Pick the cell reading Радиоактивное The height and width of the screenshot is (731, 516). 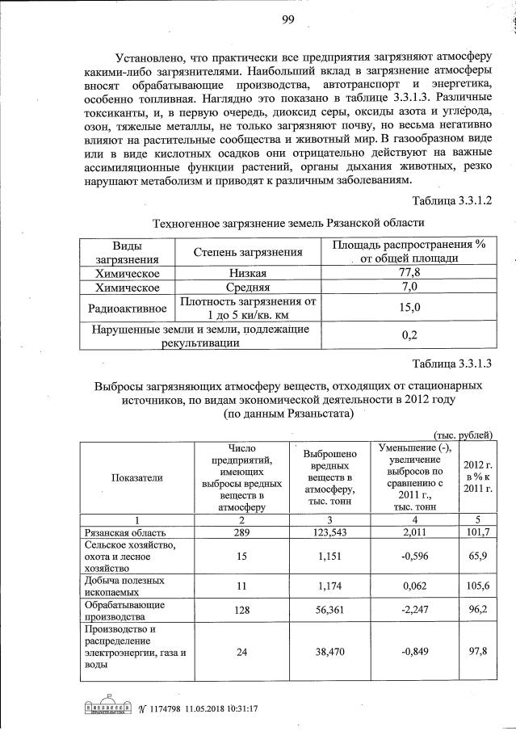127,308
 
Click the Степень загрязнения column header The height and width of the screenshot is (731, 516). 246,252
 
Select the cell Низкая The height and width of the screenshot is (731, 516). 246,274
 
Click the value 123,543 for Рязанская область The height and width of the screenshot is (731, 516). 328,534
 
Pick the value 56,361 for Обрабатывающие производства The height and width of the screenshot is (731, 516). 328,612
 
